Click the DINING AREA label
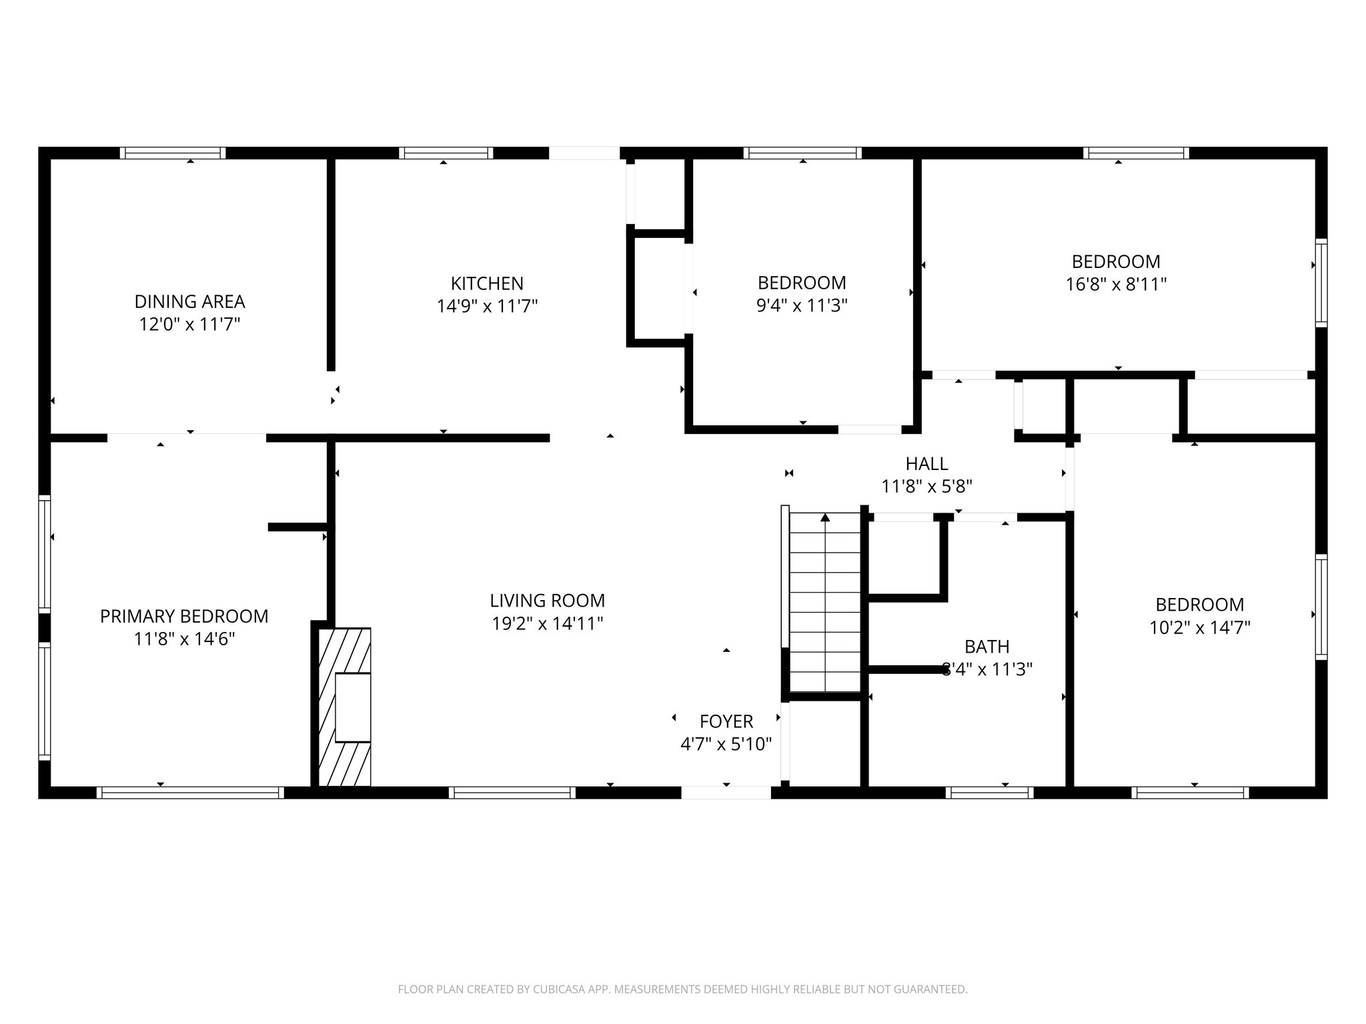pos(189,301)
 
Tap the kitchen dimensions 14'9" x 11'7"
pos(487,306)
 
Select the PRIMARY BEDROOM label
pos(184,616)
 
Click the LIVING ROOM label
pos(547,601)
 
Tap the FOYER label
pos(726,721)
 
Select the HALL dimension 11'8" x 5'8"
pos(926,487)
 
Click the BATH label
pos(986,647)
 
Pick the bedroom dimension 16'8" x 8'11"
pos(1116,285)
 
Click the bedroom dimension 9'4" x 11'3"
pos(802,306)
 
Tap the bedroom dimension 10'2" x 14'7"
pos(1199,628)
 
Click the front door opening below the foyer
pos(726,793)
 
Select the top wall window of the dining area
pos(173,153)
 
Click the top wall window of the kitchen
pos(446,153)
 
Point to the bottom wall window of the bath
pos(989,793)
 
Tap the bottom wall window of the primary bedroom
pos(190,793)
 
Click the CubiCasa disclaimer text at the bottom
pos(682,989)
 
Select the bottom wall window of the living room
pos(512,793)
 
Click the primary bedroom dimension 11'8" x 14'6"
pos(184,639)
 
